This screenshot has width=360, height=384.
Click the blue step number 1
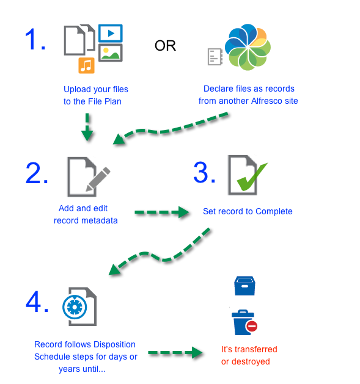coord(34,40)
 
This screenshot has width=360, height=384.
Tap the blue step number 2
coord(37,173)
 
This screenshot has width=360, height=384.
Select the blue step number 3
coord(204,173)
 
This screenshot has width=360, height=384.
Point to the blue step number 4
coord(37,302)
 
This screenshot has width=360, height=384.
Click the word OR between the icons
coord(165,46)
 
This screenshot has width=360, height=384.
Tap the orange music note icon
coord(86,64)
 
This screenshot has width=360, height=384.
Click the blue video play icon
coord(111,32)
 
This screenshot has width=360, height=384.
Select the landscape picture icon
coord(111,53)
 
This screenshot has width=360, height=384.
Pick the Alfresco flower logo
coord(248,48)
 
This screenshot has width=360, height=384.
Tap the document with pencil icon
coord(85,176)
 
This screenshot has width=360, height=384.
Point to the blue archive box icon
coord(244,286)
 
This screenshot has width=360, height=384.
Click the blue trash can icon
coord(243,322)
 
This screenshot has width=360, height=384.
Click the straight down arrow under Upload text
coord(89,130)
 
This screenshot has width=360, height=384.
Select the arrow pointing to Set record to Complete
coord(160,212)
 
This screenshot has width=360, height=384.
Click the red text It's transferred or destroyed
coord(249,355)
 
